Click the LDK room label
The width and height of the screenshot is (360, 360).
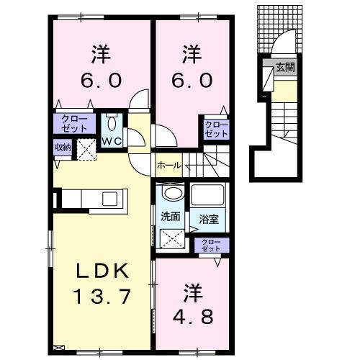coord(102,271)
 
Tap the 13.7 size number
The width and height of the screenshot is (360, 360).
coord(102,295)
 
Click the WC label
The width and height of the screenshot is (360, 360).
coord(112,140)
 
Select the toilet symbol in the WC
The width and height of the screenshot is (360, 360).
coord(112,121)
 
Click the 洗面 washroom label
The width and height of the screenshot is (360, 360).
coord(170,216)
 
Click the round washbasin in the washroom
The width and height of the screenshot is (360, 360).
coord(171,195)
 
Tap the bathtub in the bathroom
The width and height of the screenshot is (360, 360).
coord(208,195)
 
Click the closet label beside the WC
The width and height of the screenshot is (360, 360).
coord(73,122)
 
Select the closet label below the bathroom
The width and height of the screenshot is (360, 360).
coord(210,245)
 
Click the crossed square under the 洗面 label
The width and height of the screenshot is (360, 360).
coord(171,238)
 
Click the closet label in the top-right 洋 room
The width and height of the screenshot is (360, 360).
coord(216,130)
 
